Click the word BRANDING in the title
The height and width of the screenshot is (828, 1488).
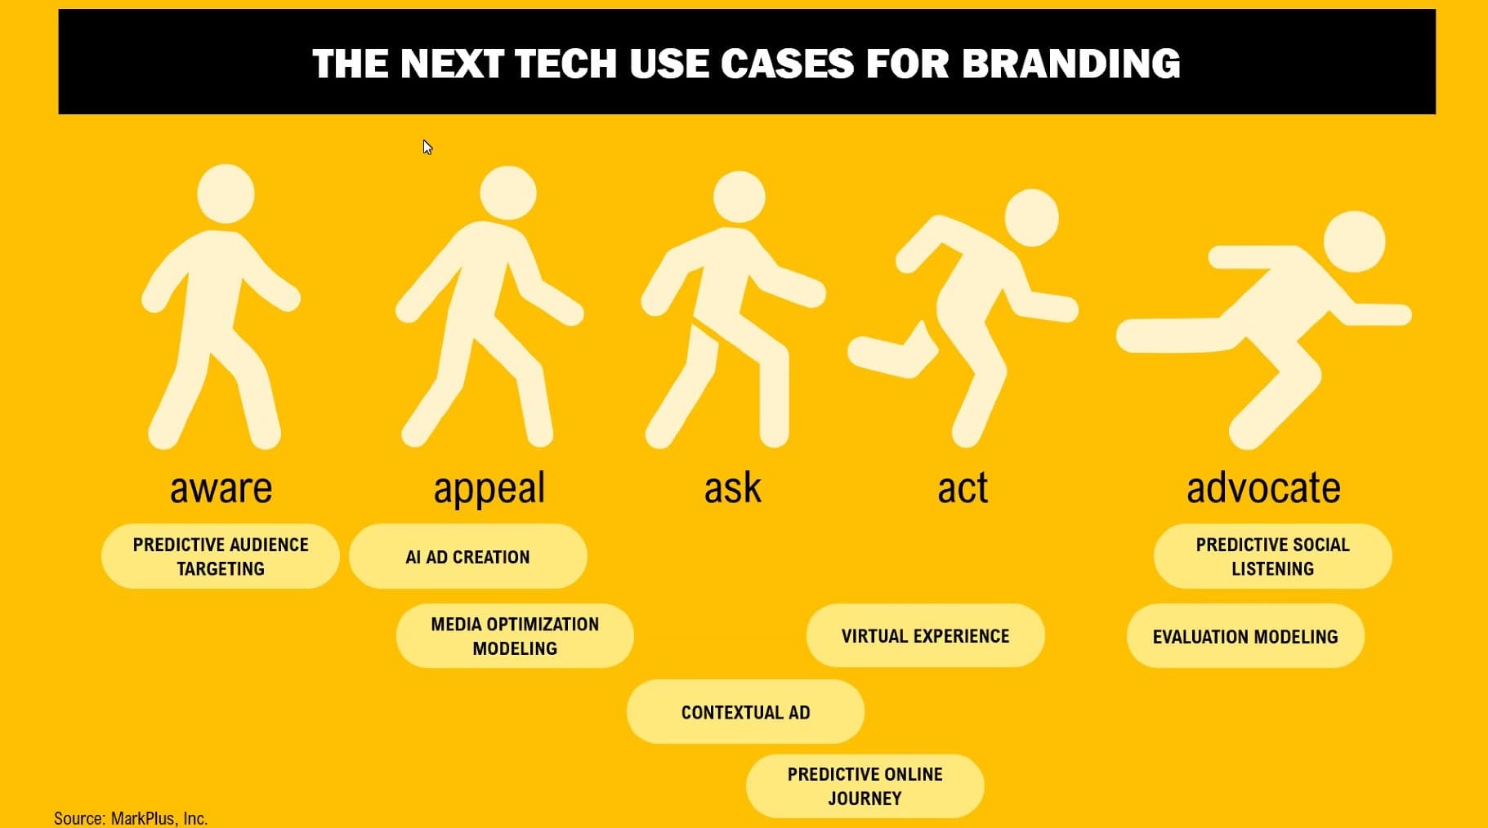(1071, 64)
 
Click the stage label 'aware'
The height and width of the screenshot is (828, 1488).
(221, 488)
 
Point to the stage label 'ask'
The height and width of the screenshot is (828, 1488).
(733, 487)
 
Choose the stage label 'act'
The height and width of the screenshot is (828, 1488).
(963, 487)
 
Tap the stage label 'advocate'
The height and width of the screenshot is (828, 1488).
(1263, 487)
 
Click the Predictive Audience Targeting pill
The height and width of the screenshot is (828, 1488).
(221, 556)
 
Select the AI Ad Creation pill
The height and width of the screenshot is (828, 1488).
(468, 556)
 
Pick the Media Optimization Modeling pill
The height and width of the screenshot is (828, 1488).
(515, 635)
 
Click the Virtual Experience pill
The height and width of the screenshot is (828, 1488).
(926, 635)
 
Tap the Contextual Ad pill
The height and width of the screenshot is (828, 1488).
(745, 711)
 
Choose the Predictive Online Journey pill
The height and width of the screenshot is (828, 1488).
(865, 786)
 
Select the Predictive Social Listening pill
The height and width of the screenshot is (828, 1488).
(1273, 556)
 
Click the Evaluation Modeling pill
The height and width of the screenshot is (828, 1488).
(1245, 635)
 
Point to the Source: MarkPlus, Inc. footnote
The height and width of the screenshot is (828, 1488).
(131, 818)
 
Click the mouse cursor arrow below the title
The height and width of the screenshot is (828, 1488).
(427, 147)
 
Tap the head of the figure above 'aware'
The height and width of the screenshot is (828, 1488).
(226, 194)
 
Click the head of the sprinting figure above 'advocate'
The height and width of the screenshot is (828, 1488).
(1354, 242)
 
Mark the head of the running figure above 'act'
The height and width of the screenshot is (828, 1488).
(1031, 217)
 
